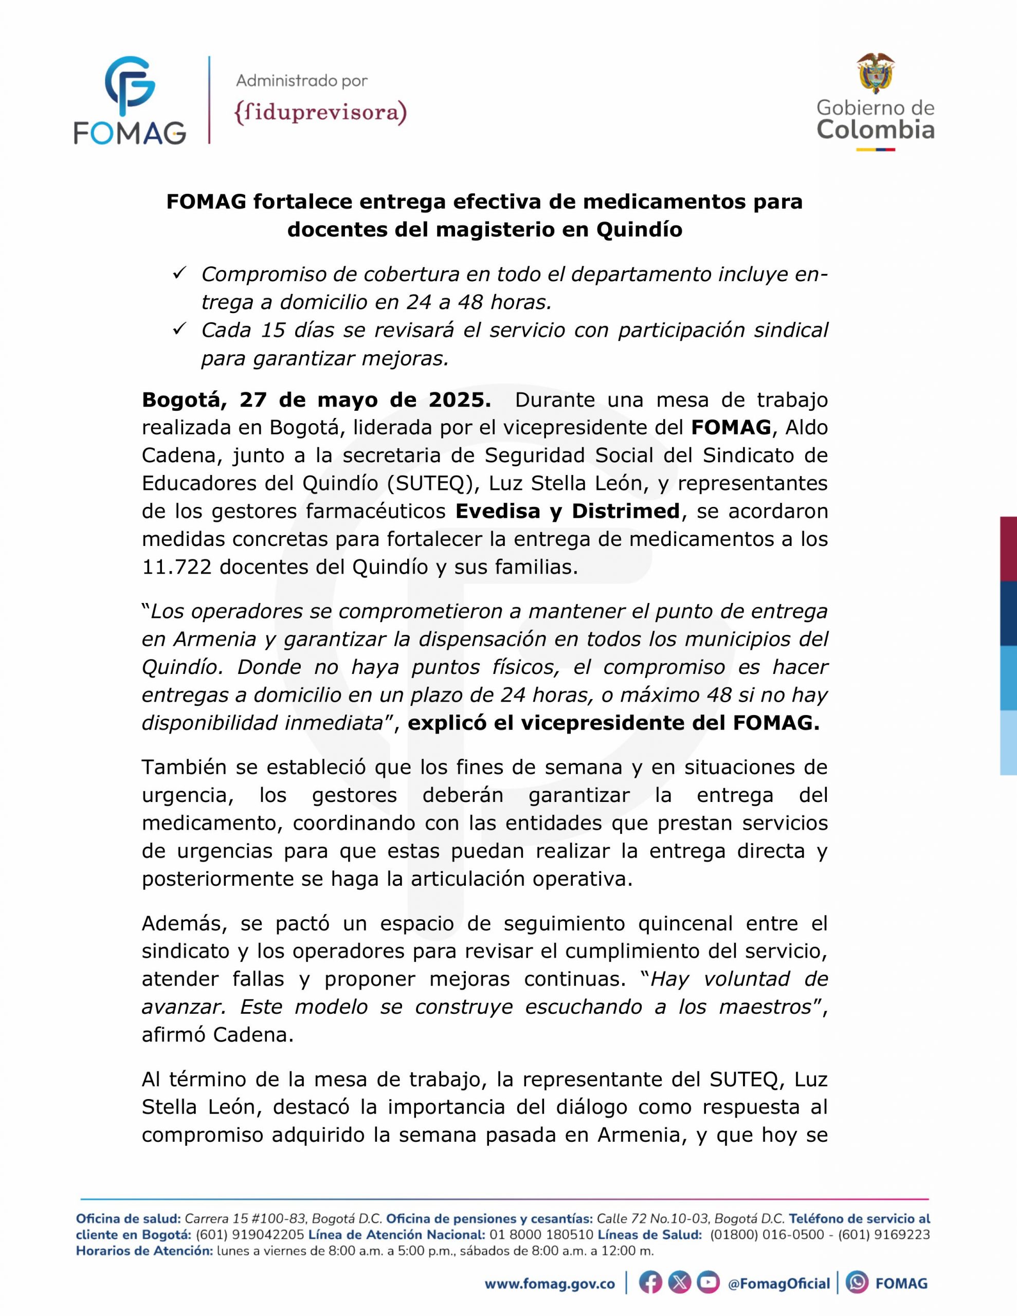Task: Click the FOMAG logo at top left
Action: click(x=130, y=101)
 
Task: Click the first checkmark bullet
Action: click(x=179, y=273)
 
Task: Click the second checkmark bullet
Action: click(x=179, y=329)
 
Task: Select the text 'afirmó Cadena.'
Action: click(x=217, y=1035)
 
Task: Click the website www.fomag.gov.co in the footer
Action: click(x=550, y=1284)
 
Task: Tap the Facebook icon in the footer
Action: click(x=650, y=1283)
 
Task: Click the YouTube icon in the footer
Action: click(x=709, y=1283)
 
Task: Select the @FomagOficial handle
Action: click(x=779, y=1284)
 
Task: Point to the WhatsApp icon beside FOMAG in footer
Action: click(x=857, y=1283)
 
